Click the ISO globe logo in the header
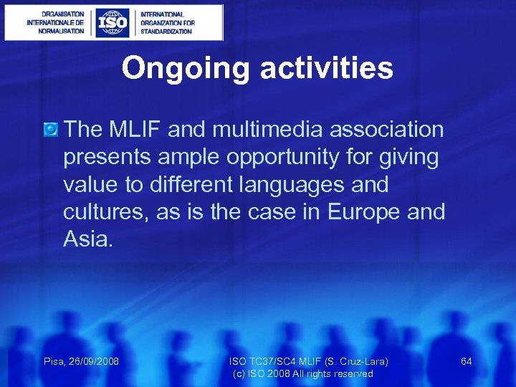pyautogui.click(x=113, y=22)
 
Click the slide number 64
pyautogui.click(x=467, y=361)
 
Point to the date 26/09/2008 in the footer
pyautogui.click(x=93, y=361)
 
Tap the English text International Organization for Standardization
pyautogui.click(x=167, y=22)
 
